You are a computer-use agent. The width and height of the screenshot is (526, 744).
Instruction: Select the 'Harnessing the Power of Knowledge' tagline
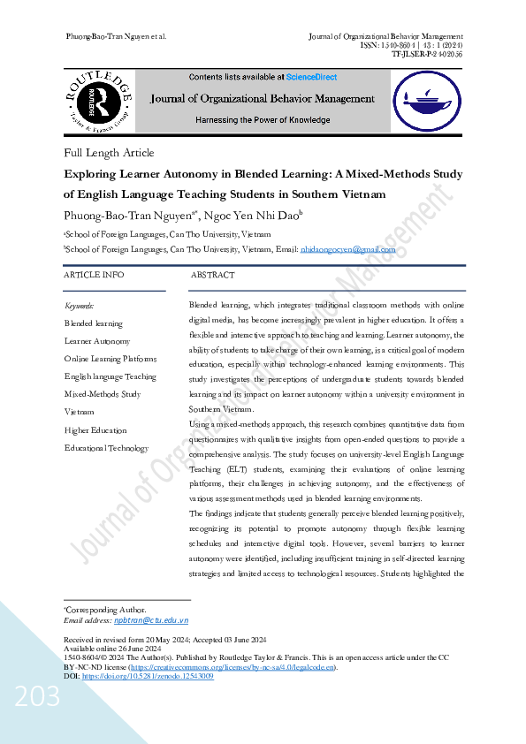[x=263, y=120]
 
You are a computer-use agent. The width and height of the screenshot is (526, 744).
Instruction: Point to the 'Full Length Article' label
[x=109, y=153]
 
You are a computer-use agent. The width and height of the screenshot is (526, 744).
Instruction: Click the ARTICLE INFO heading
[x=95, y=276]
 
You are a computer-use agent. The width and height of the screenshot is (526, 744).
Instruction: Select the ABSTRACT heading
[x=213, y=276]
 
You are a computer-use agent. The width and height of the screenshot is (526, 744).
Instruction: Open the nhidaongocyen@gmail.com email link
[x=348, y=250]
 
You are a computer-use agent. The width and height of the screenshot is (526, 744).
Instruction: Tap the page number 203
[x=36, y=698]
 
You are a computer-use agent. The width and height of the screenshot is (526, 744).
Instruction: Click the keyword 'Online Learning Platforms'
[x=111, y=359]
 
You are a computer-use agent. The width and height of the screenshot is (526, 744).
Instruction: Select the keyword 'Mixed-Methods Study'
[x=103, y=394]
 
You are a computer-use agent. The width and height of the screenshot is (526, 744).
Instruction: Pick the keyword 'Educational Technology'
[x=107, y=448]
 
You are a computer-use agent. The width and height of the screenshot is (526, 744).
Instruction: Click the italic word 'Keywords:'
[x=80, y=306]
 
